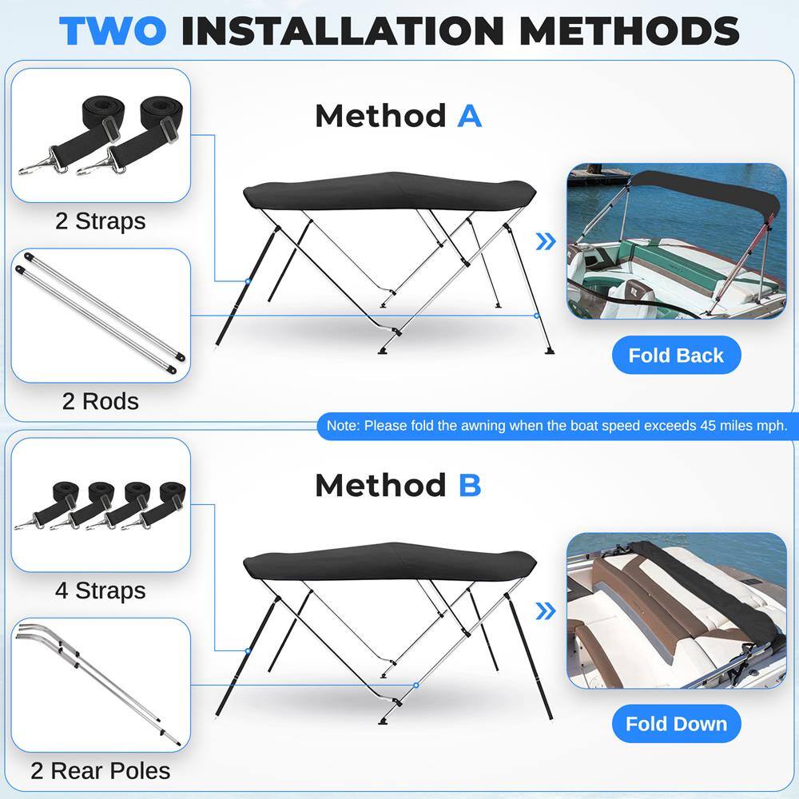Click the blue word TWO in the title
pos(113,30)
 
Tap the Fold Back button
pos(676,356)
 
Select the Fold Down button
pos(676,724)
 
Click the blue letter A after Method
pos(470,116)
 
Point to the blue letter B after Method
pos(470,485)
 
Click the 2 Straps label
pos(101,221)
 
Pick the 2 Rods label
pos(101,400)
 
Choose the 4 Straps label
pos(101,590)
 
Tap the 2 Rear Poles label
pos(101,770)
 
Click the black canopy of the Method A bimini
pos(390,192)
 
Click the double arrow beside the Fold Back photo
pos(546,242)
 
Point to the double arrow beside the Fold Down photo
pos(546,611)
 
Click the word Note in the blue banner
pos(342,426)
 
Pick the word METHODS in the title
pos(630,30)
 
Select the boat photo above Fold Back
pos(676,241)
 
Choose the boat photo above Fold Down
pos(676,610)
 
